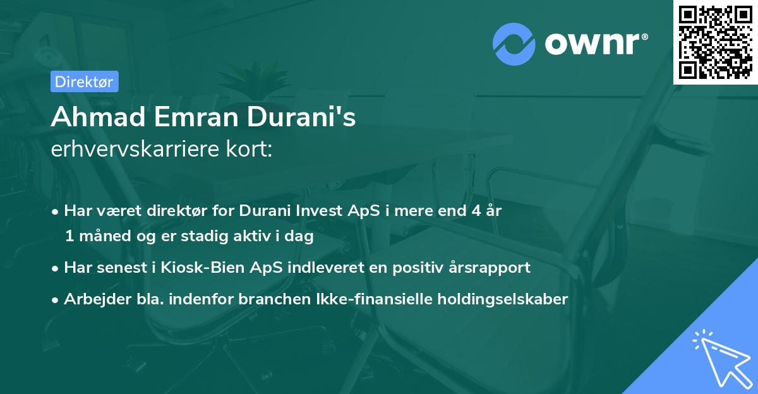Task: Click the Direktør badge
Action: tap(84, 81)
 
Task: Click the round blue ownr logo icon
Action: tap(514, 44)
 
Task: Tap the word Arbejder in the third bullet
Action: tap(93, 299)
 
